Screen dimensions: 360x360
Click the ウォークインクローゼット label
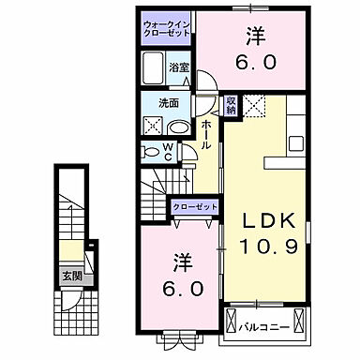click(167, 26)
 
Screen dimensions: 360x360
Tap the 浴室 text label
click(179, 67)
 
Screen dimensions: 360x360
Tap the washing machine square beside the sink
click(153, 126)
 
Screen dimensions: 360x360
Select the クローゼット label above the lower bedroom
click(193, 208)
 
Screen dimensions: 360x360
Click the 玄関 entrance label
click(71, 276)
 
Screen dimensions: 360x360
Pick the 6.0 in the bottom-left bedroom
click(181, 290)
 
